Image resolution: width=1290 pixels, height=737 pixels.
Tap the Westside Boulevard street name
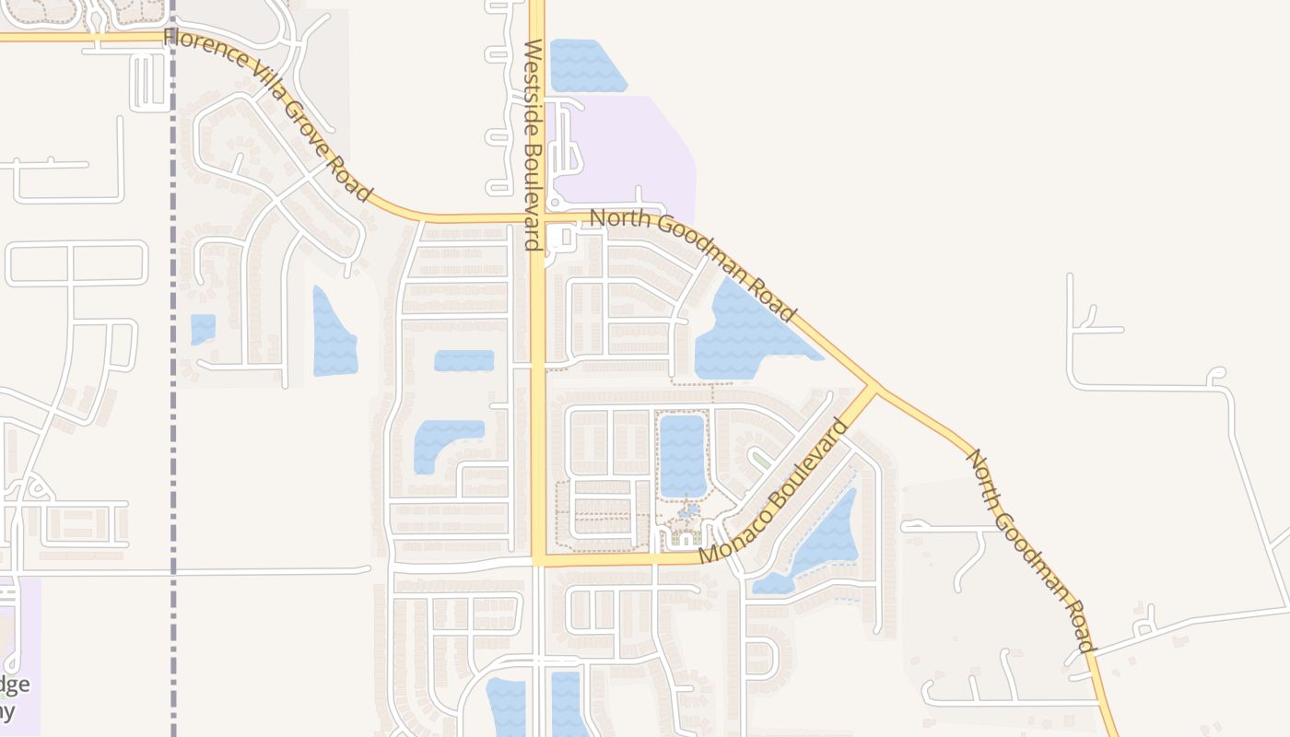pos(532,145)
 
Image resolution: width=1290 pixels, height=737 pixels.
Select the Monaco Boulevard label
pos(772,492)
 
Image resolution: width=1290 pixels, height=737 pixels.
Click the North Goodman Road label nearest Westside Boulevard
pos(693,264)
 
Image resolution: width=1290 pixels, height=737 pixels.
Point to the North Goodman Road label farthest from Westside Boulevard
pos(1029,550)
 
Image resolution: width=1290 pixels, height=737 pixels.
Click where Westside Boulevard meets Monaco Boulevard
pos(538,559)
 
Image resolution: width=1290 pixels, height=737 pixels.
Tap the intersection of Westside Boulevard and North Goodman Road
pos(538,219)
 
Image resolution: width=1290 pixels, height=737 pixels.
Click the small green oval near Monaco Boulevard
pos(760,458)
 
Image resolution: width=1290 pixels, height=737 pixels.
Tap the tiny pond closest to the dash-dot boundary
pos(203,328)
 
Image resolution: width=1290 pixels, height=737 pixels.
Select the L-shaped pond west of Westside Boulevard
pos(442,442)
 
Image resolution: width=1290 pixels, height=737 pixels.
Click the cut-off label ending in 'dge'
pos(17,684)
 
